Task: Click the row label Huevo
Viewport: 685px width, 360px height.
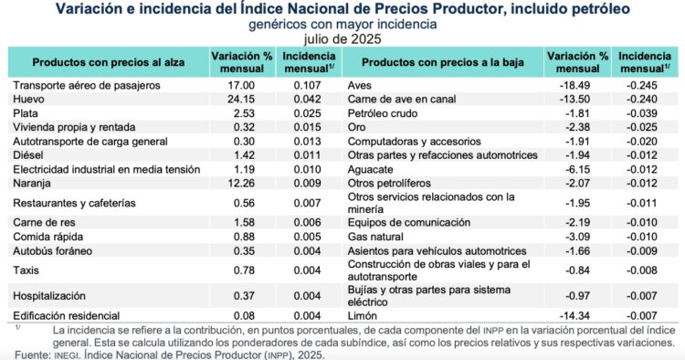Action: click(x=29, y=99)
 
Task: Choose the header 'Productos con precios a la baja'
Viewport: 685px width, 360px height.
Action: click(x=440, y=62)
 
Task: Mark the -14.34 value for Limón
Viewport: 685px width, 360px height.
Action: click(x=575, y=314)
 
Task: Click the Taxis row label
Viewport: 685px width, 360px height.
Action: click(x=27, y=270)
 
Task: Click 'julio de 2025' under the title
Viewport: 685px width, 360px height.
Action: click(x=342, y=39)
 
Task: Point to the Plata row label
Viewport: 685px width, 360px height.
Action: click(x=26, y=113)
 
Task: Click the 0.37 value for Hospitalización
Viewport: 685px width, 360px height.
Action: click(x=243, y=296)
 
